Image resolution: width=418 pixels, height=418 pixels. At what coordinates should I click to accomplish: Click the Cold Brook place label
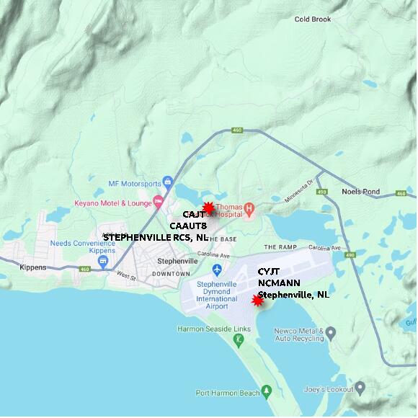[x=313, y=19]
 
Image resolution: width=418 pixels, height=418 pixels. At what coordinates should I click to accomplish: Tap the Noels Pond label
[x=360, y=192]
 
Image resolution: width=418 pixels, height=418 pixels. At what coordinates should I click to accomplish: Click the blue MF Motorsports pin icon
[x=167, y=181]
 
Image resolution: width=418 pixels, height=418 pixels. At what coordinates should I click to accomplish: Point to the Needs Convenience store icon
[x=103, y=260]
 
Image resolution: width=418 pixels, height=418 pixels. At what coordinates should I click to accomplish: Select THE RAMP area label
[x=280, y=247]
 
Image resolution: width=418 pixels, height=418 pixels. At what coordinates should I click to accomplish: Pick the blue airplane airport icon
[x=218, y=270]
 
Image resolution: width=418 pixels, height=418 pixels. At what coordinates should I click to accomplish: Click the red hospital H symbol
[x=249, y=210]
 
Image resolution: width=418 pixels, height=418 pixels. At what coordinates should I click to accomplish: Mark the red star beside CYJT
[x=257, y=300]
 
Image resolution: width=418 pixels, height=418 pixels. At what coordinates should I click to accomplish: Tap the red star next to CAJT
[x=208, y=208]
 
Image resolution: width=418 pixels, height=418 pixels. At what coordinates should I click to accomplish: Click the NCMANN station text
[x=279, y=283]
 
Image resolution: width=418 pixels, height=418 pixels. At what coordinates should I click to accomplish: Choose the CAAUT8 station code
[x=188, y=226]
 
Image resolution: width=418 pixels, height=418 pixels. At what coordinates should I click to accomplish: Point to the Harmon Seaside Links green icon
[x=239, y=339]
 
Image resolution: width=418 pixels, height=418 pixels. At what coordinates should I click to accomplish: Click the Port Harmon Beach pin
[x=266, y=391]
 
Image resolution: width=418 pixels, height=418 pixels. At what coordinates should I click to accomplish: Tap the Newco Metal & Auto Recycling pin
[x=330, y=332]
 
